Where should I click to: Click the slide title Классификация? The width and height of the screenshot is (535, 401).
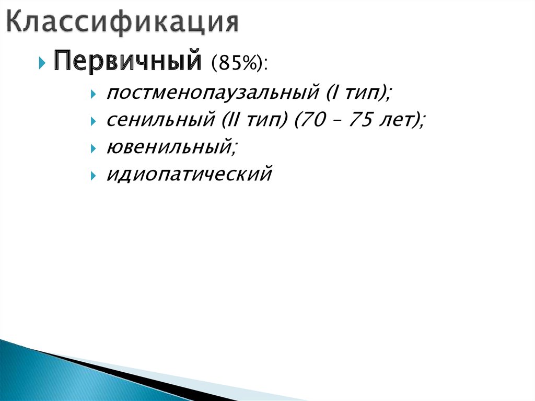123,22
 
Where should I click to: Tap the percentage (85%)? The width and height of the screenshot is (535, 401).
235,64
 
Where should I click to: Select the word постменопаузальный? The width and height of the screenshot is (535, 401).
212,94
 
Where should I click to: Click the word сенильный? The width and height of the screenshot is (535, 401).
157,120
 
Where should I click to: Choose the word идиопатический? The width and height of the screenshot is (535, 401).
189,174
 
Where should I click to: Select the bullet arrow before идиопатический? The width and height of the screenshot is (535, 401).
93,176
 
